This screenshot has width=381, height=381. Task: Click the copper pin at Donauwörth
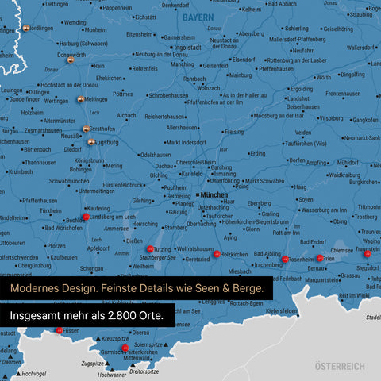(70, 60)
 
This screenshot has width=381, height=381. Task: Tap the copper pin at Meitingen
(80, 100)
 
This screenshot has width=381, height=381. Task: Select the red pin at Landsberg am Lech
(86, 217)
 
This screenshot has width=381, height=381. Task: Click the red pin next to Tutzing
(149, 248)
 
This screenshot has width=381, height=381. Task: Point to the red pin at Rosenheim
(286, 259)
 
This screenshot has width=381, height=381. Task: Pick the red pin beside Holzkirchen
(217, 254)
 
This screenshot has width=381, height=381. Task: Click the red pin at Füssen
(59, 330)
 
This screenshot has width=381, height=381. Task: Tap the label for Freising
(234, 131)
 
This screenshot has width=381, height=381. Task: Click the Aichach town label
(127, 115)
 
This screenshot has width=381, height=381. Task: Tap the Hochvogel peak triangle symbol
(18, 373)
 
